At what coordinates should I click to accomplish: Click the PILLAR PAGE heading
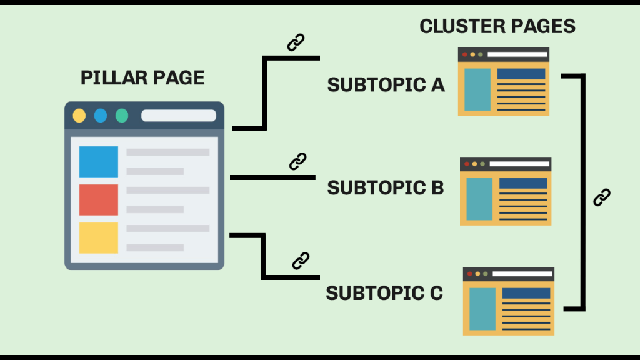142,78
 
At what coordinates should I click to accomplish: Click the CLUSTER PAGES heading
497,27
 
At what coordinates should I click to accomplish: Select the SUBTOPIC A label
386,85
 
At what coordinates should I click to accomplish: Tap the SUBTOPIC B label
386,187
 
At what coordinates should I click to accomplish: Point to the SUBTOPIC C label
384,293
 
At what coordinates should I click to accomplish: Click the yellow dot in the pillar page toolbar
79,116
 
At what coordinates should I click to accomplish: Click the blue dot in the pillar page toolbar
101,116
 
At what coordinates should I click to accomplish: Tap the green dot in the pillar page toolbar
122,116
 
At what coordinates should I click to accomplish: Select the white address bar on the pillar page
178,116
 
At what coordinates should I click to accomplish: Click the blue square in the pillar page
99,162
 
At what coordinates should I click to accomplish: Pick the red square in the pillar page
99,200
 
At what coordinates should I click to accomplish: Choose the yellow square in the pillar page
99,238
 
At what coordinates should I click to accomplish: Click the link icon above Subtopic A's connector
296,42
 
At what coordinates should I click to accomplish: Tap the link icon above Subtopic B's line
298,161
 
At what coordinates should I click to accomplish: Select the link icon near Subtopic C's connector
301,260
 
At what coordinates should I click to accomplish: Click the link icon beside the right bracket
601,197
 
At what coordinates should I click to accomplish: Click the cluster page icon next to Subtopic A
504,82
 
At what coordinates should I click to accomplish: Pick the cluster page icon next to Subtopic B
506,191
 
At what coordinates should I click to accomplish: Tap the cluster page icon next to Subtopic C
509,301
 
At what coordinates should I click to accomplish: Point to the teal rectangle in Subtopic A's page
477,89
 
